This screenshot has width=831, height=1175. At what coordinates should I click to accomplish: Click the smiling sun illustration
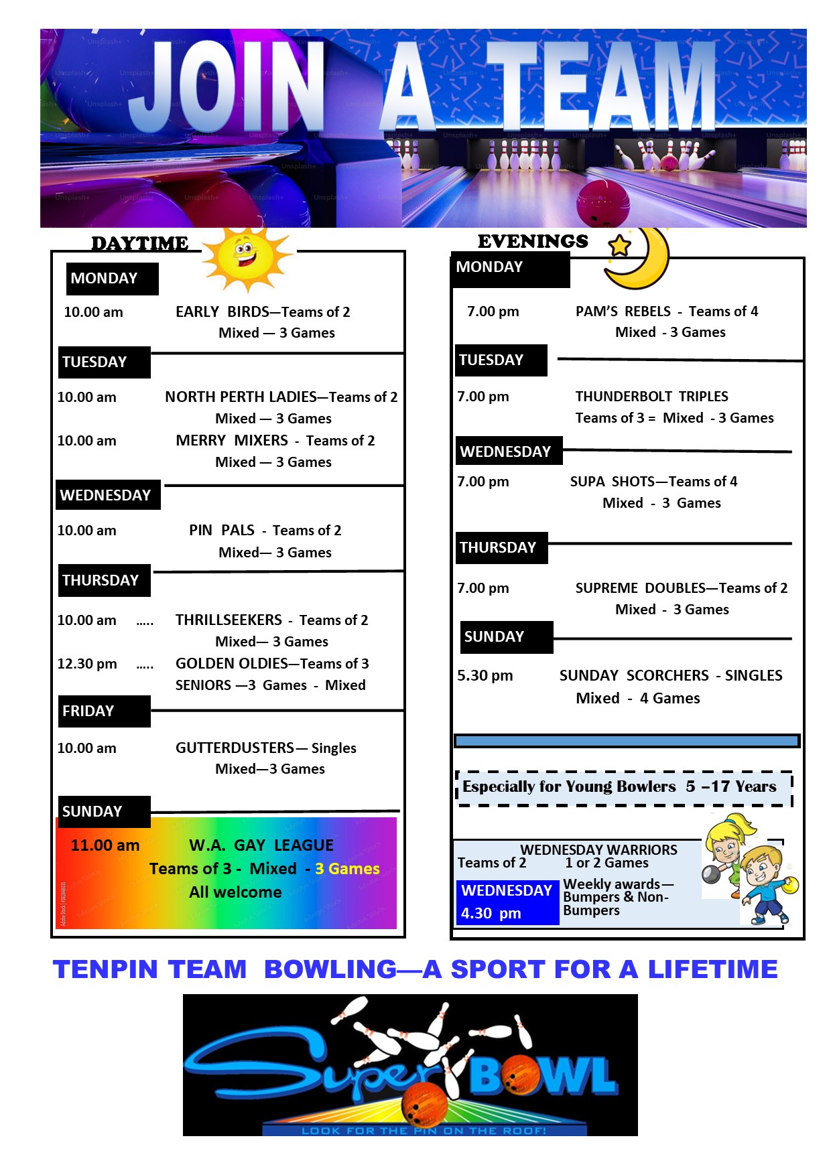click(x=247, y=258)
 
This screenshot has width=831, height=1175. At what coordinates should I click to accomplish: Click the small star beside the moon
click(x=619, y=245)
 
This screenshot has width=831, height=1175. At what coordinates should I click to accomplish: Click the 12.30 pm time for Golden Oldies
click(x=87, y=664)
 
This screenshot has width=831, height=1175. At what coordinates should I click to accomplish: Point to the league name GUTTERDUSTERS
click(x=235, y=748)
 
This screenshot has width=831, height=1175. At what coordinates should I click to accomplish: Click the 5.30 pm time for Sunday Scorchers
click(x=485, y=675)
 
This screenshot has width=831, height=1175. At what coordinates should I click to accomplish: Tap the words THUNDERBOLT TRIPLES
click(x=651, y=397)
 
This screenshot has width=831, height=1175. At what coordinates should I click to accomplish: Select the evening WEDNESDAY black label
click(x=507, y=452)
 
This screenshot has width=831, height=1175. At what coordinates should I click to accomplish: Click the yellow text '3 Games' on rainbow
click(x=347, y=869)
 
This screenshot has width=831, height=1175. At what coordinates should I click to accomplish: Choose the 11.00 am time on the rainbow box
click(x=105, y=845)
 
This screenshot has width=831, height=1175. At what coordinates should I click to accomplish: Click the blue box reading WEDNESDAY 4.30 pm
click(x=507, y=902)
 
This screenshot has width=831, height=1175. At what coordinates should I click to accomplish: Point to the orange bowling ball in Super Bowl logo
click(x=425, y=1103)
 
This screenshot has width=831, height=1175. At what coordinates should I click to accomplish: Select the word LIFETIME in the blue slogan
click(x=712, y=969)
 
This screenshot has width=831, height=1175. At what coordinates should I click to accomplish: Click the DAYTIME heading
click(x=139, y=243)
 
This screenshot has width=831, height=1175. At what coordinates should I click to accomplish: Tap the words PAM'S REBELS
click(x=623, y=312)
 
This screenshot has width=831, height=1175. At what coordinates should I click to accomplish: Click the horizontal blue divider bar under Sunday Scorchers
click(x=627, y=741)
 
